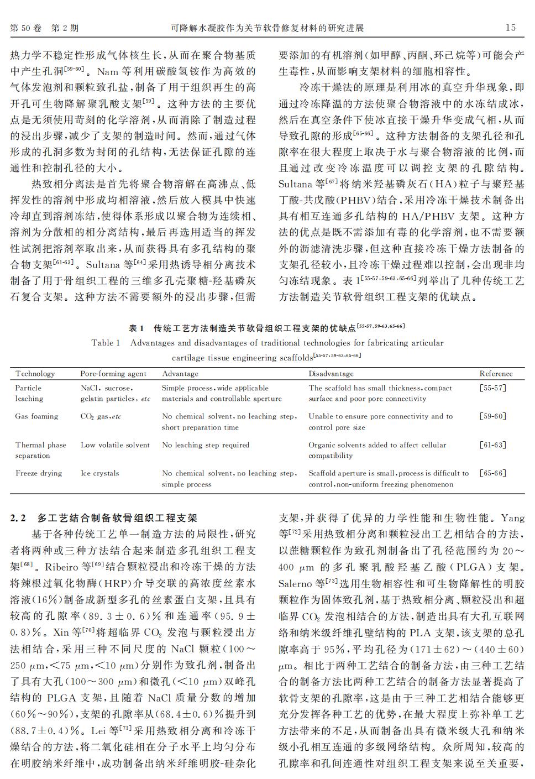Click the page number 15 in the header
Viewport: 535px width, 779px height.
(x=510, y=28)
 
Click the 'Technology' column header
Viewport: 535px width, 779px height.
(x=35, y=374)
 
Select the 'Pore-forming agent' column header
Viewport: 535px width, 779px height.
(x=113, y=374)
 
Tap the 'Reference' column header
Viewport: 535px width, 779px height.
(x=496, y=374)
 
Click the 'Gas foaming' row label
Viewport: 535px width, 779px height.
(x=36, y=416)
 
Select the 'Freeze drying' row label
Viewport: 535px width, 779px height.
(x=39, y=473)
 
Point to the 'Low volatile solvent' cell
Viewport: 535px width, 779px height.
(x=115, y=445)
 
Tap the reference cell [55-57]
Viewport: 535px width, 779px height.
(x=492, y=388)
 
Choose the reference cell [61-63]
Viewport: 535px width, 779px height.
(x=492, y=445)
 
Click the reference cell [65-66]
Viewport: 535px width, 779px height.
(x=492, y=473)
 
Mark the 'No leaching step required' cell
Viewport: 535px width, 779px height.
(x=206, y=445)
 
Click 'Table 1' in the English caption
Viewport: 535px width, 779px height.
(x=106, y=343)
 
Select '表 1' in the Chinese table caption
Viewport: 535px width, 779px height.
(x=136, y=328)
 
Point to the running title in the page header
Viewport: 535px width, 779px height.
(x=267, y=28)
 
